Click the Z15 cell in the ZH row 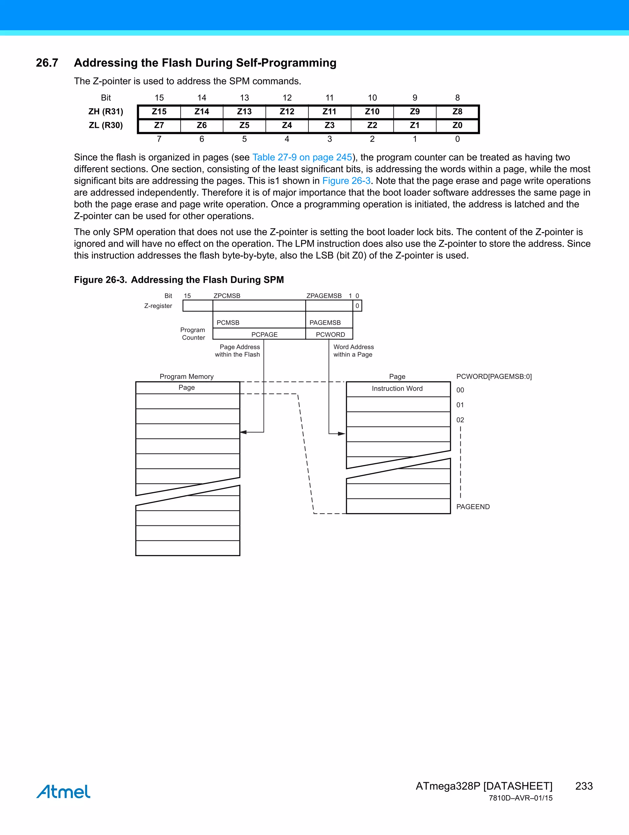click(x=159, y=112)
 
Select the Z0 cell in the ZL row click(x=457, y=125)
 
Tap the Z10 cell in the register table click(x=372, y=112)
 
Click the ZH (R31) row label click(x=106, y=112)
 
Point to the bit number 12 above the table click(x=287, y=98)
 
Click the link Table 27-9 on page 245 click(x=302, y=158)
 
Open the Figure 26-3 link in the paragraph click(x=346, y=181)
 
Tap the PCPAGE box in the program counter click(x=264, y=334)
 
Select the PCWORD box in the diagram click(x=330, y=334)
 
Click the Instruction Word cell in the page click(x=397, y=389)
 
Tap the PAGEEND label click(x=473, y=507)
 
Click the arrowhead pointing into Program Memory click(x=244, y=432)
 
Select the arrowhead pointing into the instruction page click(x=342, y=434)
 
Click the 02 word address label click(x=460, y=420)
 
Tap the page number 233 click(x=584, y=786)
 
